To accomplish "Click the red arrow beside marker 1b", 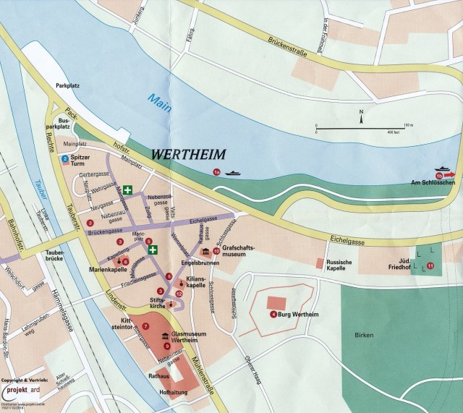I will coord(450,174).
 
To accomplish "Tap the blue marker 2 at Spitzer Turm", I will coord(65,158).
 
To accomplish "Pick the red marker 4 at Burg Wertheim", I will coord(273,315).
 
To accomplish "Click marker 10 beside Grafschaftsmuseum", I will coord(216,251).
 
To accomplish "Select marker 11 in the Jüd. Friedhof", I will coord(430,266).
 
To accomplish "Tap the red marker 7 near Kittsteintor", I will coord(145,326).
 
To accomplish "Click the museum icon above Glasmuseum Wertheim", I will coord(166,336).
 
